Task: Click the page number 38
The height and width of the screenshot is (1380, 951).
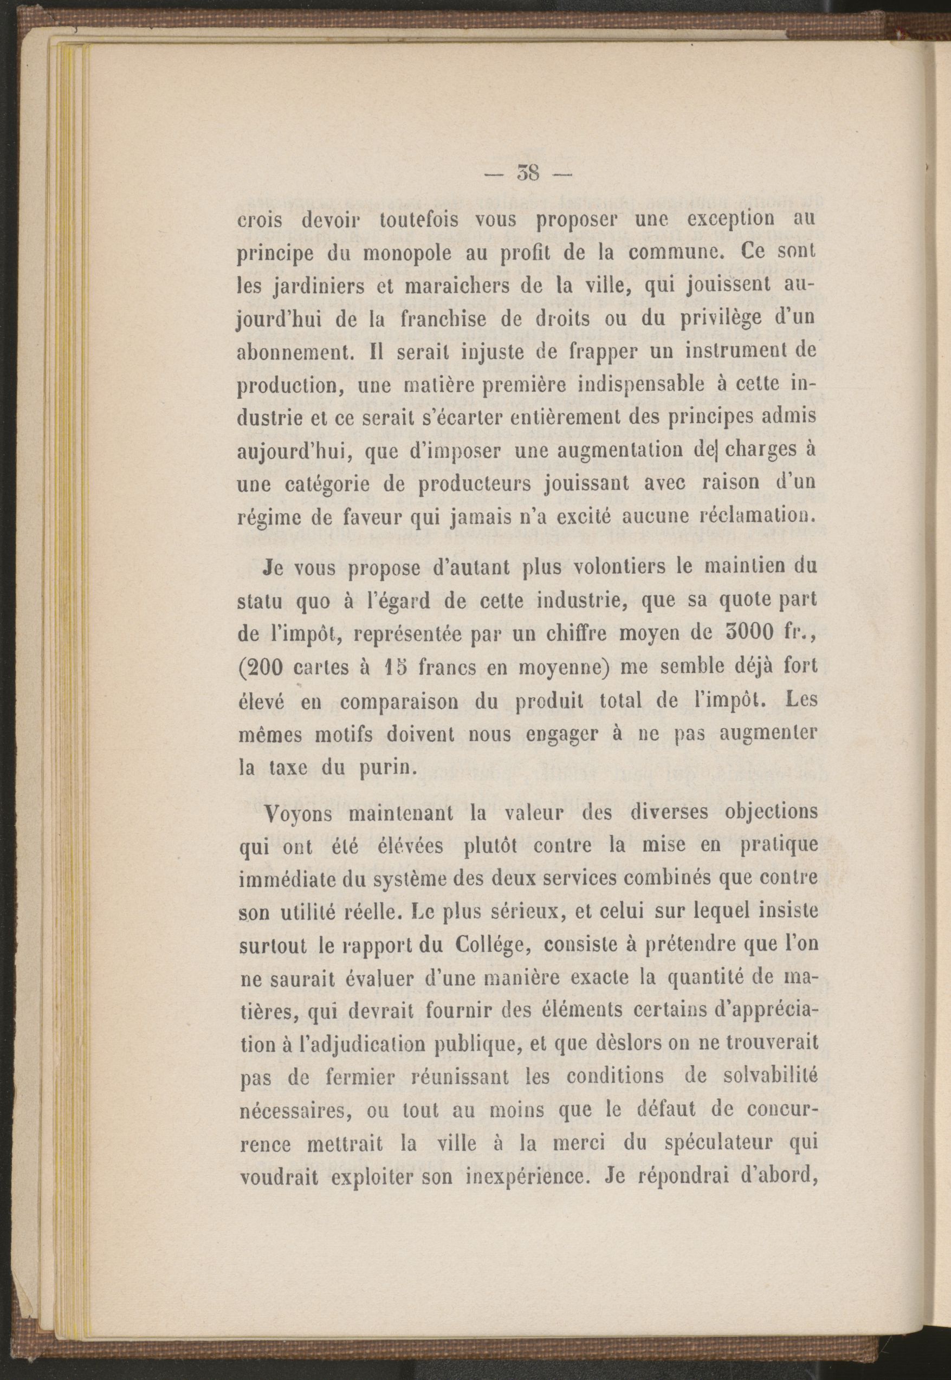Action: tap(528, 174)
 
